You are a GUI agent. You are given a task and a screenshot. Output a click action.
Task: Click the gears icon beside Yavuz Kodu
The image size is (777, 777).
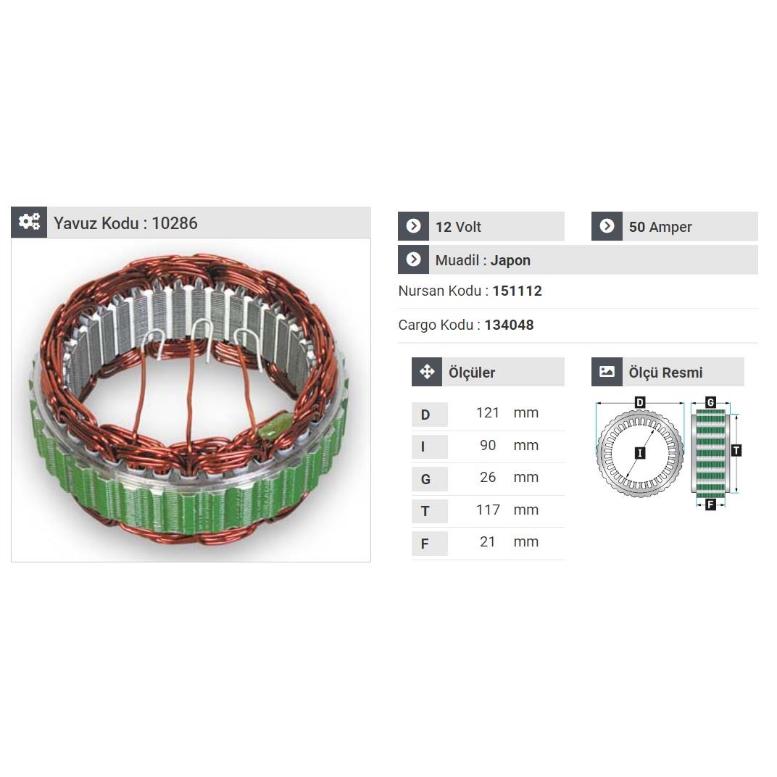(29, 223)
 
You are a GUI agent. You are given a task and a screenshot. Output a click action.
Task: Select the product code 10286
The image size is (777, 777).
(175, 223)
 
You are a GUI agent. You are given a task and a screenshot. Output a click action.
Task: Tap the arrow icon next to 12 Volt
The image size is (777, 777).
(413, 226)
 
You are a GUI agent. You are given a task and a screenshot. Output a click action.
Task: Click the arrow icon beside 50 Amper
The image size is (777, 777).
(607, 226)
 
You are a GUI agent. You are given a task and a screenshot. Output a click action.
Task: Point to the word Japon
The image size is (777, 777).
(510, 260)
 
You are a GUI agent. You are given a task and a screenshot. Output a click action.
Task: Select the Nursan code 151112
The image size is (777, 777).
(517, 291)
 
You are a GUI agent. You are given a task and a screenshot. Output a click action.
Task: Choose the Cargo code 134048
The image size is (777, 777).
(509, 325)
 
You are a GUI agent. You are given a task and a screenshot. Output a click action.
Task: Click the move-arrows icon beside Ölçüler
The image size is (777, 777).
(427, 372)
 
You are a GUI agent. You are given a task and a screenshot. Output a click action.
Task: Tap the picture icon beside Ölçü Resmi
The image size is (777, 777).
(607, 372)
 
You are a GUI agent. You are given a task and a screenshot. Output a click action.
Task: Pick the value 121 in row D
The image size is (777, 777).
(488, 412)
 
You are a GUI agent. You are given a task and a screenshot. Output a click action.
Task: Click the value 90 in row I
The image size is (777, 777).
(488, 445)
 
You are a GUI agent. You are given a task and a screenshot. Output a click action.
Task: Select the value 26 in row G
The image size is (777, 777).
(488, 477)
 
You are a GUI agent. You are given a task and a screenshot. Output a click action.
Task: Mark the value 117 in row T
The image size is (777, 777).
(488, 510)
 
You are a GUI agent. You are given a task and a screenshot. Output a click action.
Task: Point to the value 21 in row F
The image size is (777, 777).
(488, 541)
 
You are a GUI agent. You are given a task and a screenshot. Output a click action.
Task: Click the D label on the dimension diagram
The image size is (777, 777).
(640, 402)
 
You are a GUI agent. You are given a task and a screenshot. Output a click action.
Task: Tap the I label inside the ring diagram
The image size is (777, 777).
(640, 453)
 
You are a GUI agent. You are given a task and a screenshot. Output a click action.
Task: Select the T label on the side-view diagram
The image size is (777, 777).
(736, 451)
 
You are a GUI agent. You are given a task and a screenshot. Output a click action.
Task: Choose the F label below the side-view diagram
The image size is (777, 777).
(710, 504)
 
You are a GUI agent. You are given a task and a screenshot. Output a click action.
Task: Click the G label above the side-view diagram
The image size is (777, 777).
(710, 402)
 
